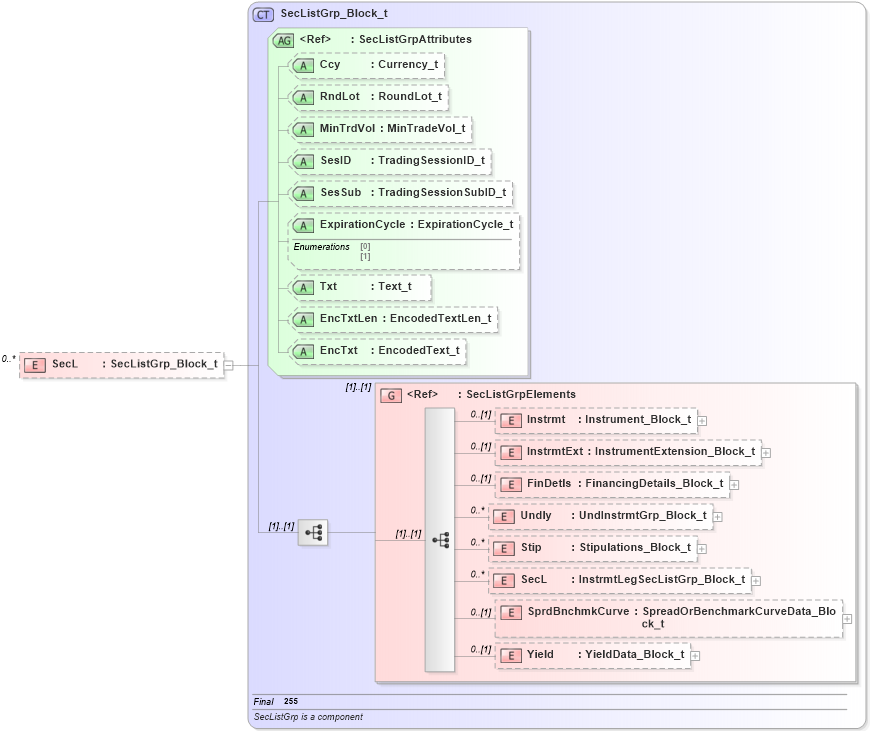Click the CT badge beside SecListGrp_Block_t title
point(264,14)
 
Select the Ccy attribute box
point(366,65)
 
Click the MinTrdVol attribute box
point(379,129)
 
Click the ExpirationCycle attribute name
point(362,225)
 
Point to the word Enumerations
point(321,247)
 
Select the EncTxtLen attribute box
point(393,319)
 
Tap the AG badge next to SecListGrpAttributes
point(284,40)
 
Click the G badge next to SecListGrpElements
point(393,395)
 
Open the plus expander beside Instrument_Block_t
point(702,421)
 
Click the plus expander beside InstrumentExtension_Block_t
point(766,453)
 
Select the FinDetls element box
point(613,484)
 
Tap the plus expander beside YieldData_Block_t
point(695,656)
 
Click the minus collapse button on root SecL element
point(229,365)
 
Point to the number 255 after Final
point(291,702)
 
